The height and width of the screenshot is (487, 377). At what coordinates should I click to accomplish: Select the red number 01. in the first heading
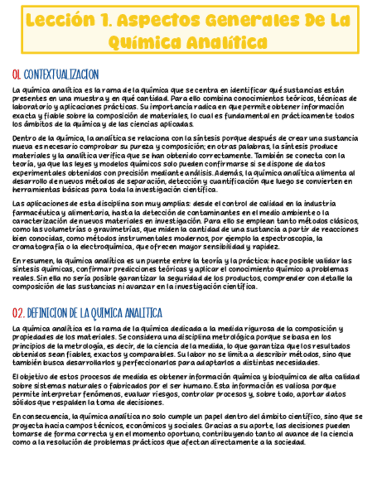click(17, 75)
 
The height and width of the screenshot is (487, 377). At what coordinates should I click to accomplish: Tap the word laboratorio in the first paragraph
click(30, 107)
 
